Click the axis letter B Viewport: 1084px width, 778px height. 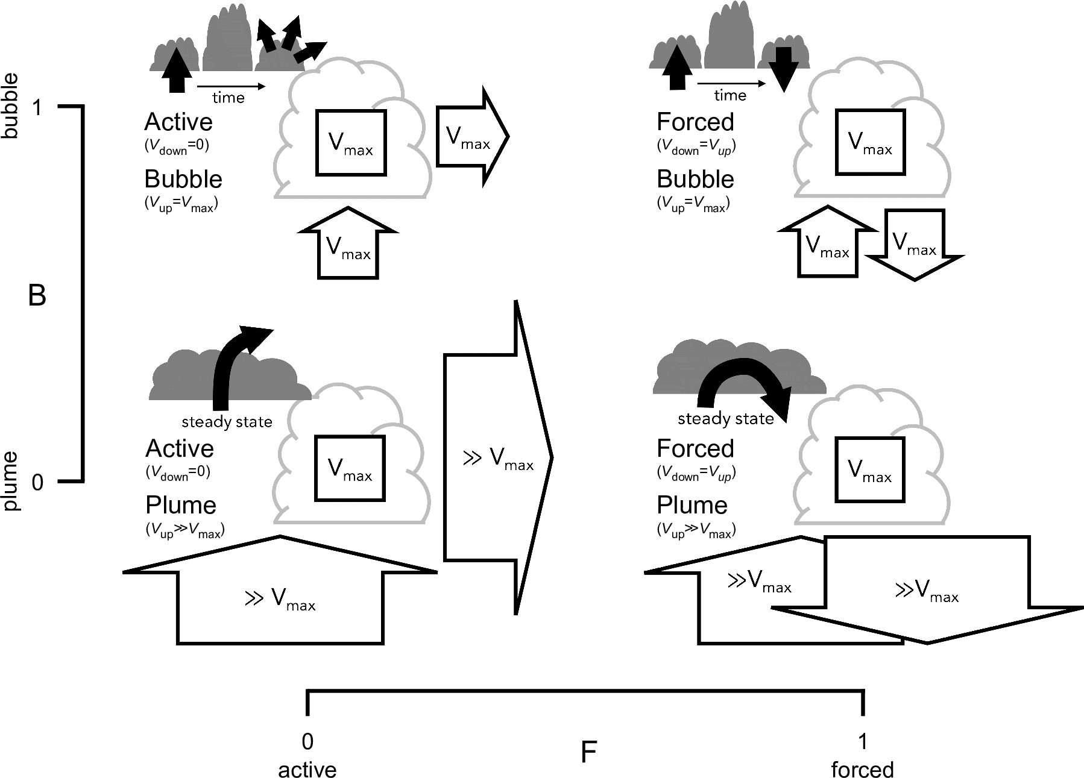(x=37, y=296)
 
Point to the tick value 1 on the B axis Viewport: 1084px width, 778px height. (x=38, y=108)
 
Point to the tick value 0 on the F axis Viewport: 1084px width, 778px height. (x=307, y=742)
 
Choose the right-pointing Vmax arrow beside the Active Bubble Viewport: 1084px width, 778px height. (x=470, y=137)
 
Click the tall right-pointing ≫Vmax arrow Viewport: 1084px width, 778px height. (x=497, y=458)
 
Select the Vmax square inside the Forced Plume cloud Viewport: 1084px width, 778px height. (x=869, y=470)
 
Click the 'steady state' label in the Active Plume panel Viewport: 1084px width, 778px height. (x=227, y=422)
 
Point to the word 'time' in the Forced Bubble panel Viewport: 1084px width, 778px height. (x=730, y=95)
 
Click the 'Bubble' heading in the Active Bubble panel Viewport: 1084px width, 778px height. (x=183, y=179)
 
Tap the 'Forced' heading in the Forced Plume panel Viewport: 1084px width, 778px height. (x=695, y=448)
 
